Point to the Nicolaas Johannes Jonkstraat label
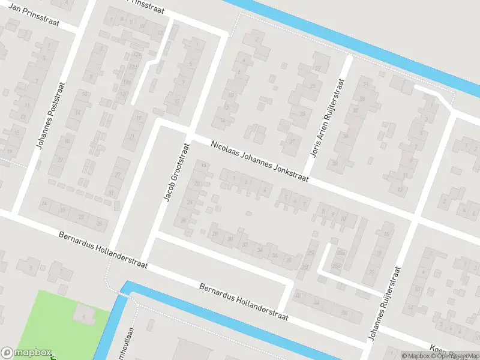[x=259, y=162]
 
